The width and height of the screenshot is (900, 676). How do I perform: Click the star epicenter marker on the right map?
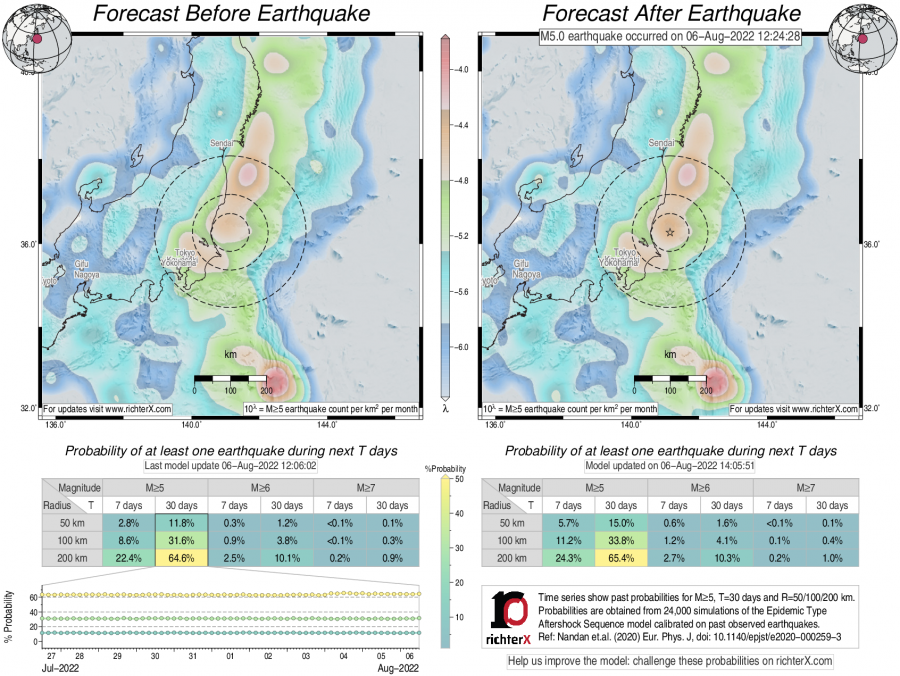pyautogui.click(x=670, y=232)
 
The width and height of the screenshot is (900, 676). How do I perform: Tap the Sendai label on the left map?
pyautogui.click(x=222, y=144)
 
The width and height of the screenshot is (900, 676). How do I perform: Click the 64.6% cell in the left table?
pyautogui.click(x=181, y=559)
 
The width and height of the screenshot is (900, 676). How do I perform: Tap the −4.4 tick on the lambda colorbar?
pyautogui.click(x=463, y=126)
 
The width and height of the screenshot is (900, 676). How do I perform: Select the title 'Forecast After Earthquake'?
pyautogui.click(x=671, y=14)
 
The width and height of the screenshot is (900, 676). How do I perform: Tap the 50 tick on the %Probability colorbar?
pyautogui.click(x=457, y=481)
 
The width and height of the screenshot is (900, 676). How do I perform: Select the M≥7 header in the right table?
pyautogui.click(x=805, y=487)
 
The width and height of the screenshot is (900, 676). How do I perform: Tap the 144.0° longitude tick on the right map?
pyautogui.click(x=767, y=424)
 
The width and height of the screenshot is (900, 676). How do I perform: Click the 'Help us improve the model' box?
pyautogui.click(x=670, y=661)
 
